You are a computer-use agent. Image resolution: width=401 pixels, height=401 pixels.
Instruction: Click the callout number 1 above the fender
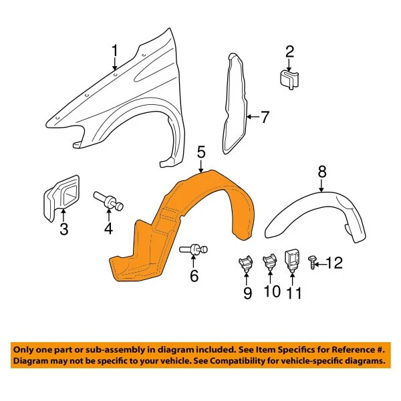click(x=114, y=51)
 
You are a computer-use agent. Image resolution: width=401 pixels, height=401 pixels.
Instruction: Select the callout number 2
click(x=289, y=51)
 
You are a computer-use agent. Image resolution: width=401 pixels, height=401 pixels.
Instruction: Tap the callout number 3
click(x=63, y=231)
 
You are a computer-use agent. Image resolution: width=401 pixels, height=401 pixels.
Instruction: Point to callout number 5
click(x=200, y=155)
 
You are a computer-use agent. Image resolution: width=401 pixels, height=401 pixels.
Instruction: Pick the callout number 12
click(x=333, y=263)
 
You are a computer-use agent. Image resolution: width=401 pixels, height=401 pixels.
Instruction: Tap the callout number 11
click(x=293, y=293)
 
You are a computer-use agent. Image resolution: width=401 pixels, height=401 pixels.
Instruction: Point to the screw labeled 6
click(x=194, y=250)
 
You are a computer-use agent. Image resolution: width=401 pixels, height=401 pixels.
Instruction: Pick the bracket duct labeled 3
click(x=62, y=196)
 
